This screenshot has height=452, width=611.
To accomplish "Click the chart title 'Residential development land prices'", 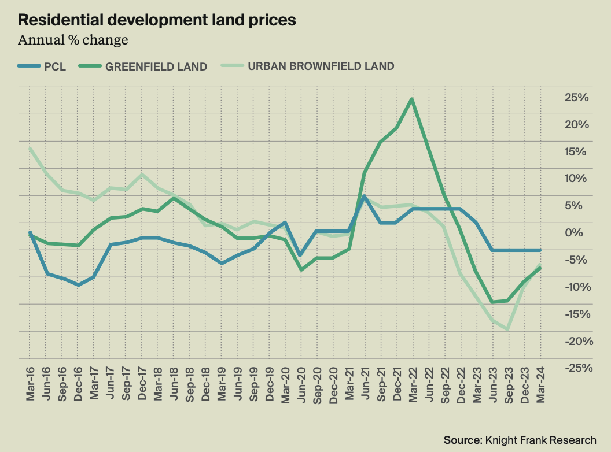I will (157, 20).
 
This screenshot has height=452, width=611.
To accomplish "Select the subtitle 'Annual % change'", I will (73, 40).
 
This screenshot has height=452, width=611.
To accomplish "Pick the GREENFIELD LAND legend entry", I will (145, 66).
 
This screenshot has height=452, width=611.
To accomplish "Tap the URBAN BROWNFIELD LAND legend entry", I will (310, 66).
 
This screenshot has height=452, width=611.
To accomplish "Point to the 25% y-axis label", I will (576, 98).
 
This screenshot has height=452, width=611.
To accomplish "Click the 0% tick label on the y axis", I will (580, 233).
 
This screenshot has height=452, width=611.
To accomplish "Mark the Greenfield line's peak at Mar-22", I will (411, 99).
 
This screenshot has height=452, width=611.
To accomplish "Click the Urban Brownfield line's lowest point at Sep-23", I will (508, 329).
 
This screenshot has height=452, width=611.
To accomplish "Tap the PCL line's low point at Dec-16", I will (78, 285).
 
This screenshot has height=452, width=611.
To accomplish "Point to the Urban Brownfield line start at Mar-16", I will (30, 149).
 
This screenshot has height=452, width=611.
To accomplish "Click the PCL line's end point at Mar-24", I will (540, 250).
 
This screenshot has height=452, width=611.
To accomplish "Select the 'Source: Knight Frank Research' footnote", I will (520, 439).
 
